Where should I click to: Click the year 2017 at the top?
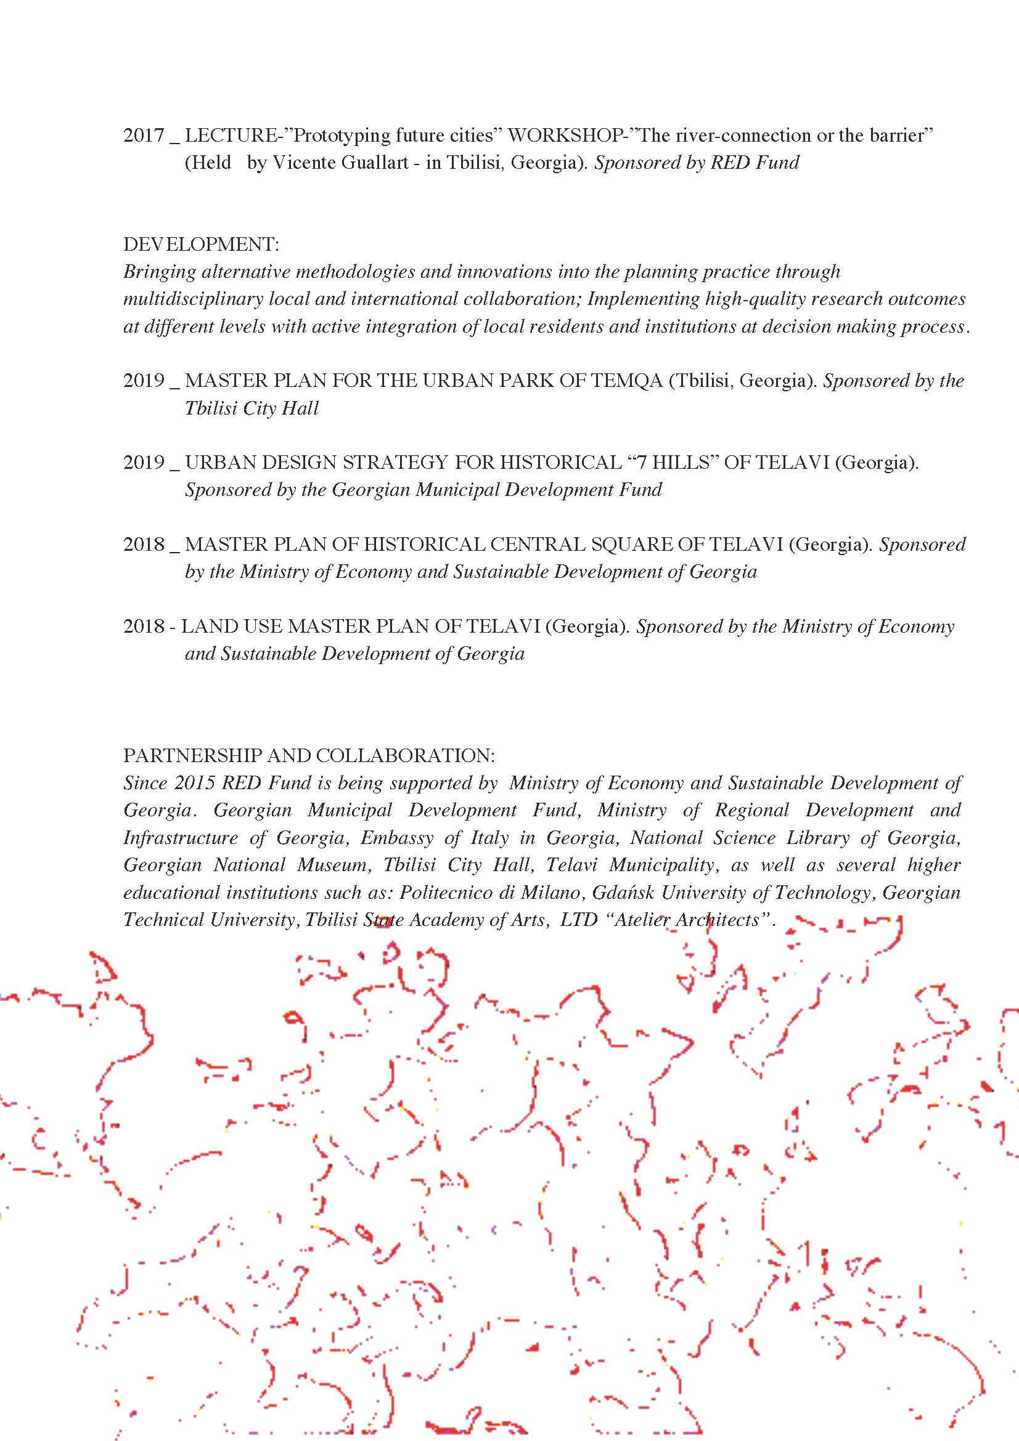144,136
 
